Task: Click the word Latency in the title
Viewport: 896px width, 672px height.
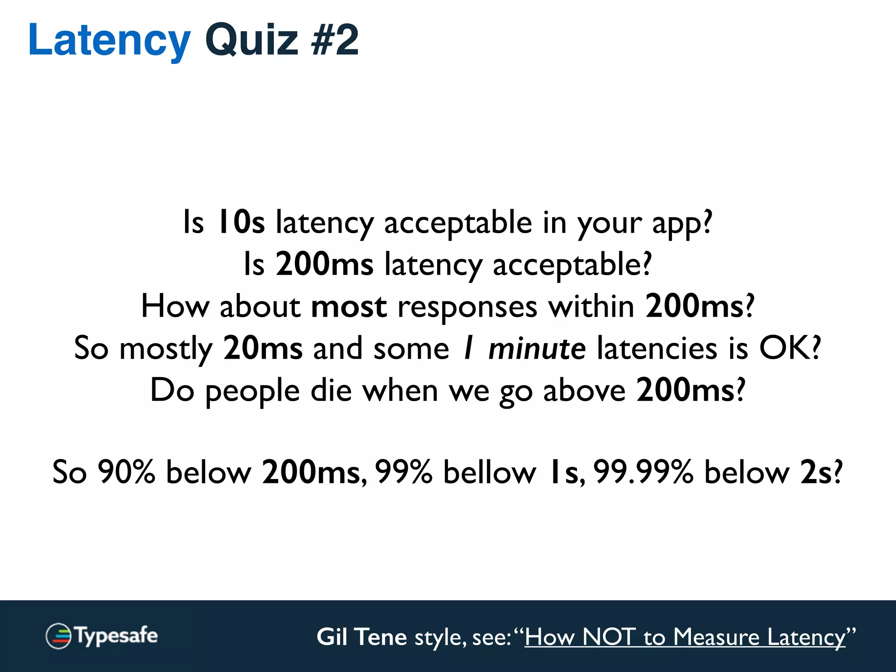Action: coord(109,40)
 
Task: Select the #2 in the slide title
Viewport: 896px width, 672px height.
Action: coord(335,40)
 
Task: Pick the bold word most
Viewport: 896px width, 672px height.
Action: coord(349,306)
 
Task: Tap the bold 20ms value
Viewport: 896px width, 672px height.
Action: coord(262,348)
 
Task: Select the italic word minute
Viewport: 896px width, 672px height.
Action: coord(537,349)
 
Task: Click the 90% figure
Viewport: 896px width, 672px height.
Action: coord(126,472)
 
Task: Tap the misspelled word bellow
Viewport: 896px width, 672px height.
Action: coord(490,472)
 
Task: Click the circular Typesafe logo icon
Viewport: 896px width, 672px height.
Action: coord(58,636)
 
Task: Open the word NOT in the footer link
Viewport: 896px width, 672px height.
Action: coord(609,637)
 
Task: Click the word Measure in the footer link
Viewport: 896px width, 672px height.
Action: coord(716,637)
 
